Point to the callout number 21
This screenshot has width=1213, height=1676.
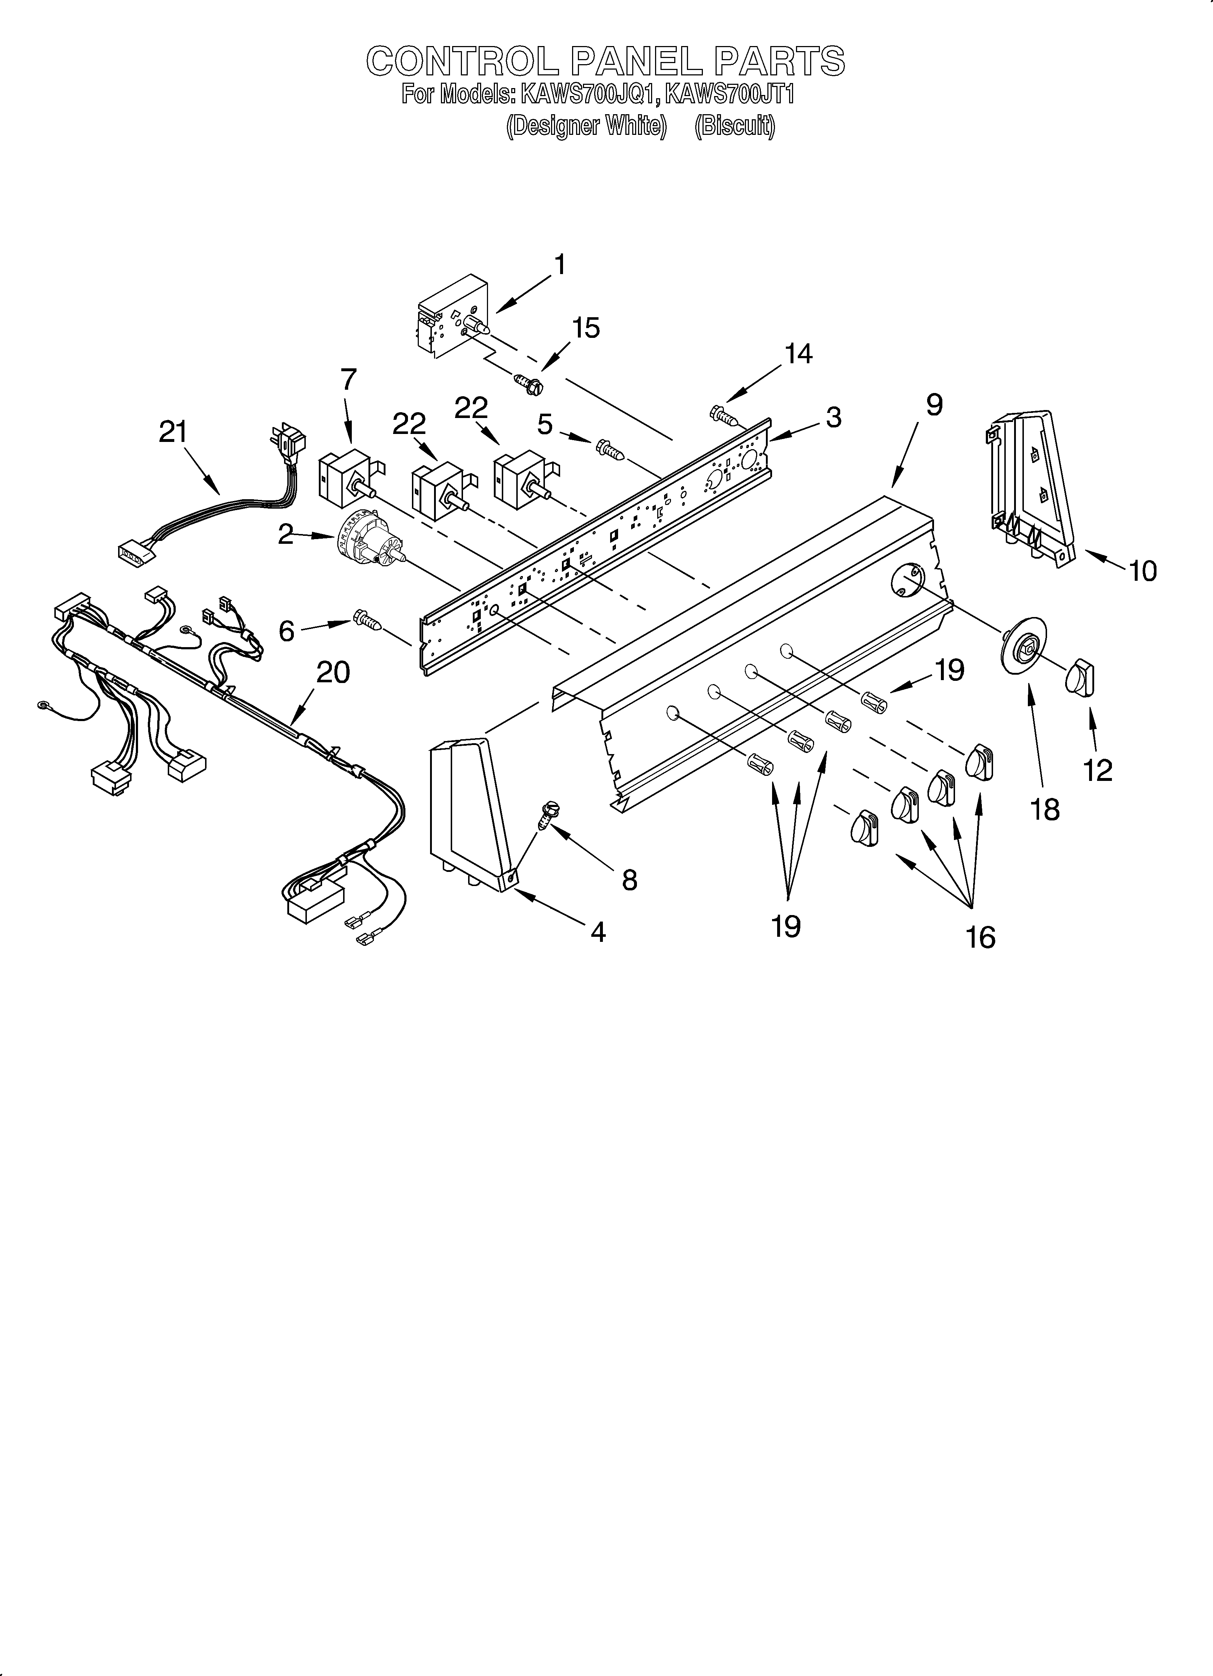[x=173, y=432]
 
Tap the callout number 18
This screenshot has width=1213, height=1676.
[x=1045, y=810]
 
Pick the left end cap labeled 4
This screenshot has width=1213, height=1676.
[x=473, y=813]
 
